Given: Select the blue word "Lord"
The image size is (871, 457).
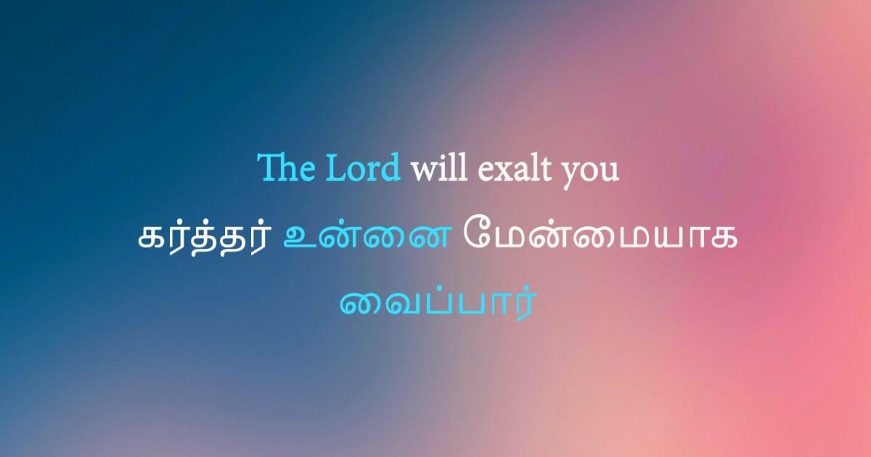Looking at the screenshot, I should pos(363,169).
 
